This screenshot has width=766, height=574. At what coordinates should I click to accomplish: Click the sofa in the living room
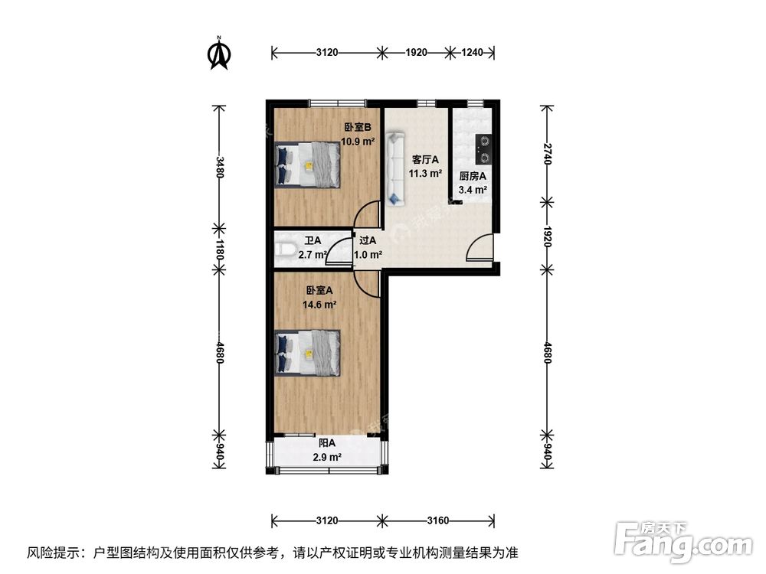click(x=395, y=168)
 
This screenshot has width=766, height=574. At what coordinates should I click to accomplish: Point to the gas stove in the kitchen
click(x=484, y=149)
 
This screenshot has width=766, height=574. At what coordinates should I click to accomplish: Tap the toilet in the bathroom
click(x=285, y=250)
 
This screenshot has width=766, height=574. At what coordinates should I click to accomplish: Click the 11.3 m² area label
click(x=425, y=174)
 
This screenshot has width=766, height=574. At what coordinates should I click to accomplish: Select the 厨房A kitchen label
click(x=473, y=176)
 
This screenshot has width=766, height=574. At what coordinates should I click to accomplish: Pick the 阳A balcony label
click(x=327, y=442)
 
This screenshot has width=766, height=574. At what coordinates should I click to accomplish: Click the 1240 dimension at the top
click(x=473, y=52)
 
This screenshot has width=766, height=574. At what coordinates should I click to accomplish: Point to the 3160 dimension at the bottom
click(x=437, y=521)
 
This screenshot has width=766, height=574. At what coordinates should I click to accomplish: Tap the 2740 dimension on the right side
click(x=546, y=153)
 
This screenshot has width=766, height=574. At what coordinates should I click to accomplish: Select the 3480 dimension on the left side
click(x=220, y=167)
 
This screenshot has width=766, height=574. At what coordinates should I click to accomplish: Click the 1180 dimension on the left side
click(x=220, y=249)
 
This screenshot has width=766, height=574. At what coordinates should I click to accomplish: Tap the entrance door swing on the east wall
click(x=480, y=249)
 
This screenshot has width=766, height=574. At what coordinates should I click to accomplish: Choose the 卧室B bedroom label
click(x=357, y=128)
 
